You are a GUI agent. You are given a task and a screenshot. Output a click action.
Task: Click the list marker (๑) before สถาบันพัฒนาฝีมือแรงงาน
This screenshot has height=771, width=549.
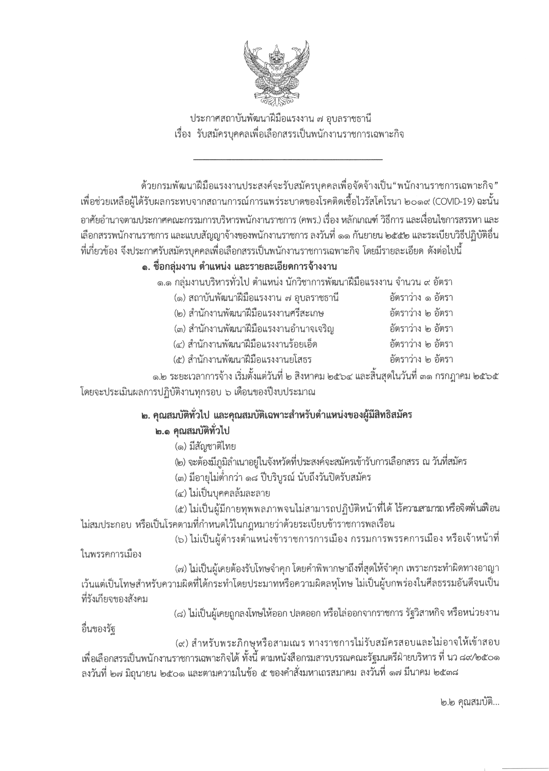coord(180,298)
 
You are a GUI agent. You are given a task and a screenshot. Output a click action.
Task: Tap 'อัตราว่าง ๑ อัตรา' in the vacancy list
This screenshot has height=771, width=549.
coord(421,298)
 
